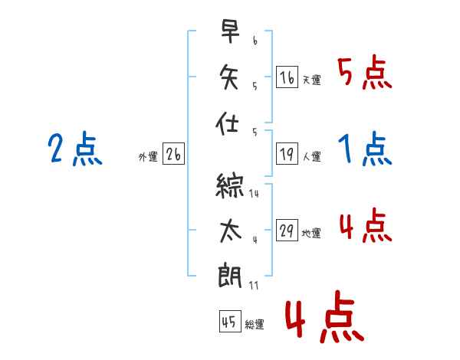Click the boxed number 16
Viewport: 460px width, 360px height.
(x=287, y=78)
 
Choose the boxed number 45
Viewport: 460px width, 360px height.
(x=229, y=322)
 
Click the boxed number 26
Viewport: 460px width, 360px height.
(x=173, y=155)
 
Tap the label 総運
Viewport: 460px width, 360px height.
(x=255, y=325)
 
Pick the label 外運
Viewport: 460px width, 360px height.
(x=148, y=157)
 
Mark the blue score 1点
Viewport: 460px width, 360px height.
(x=364, y=149)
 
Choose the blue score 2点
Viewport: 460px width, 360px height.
(x=74, y=149)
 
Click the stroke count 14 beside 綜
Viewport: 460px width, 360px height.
(x=254, y=194)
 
